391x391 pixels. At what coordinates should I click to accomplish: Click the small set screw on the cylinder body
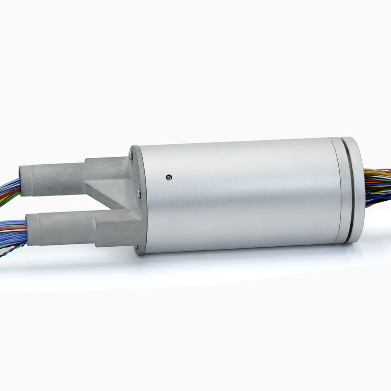coord(169,177)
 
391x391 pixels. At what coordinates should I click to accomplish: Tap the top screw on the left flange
coord(131,155)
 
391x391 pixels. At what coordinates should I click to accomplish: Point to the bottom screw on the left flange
coord(136,248)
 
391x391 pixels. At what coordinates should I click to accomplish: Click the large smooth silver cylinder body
coord(239,195)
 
